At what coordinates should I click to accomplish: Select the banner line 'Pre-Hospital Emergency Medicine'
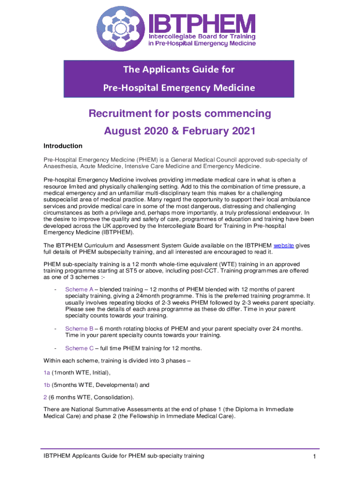click(179, 88)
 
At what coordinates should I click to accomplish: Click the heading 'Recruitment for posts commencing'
click(180, 114)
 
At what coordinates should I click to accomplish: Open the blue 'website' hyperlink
click(283, 246)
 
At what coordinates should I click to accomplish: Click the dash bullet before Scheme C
click(56, 348)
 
